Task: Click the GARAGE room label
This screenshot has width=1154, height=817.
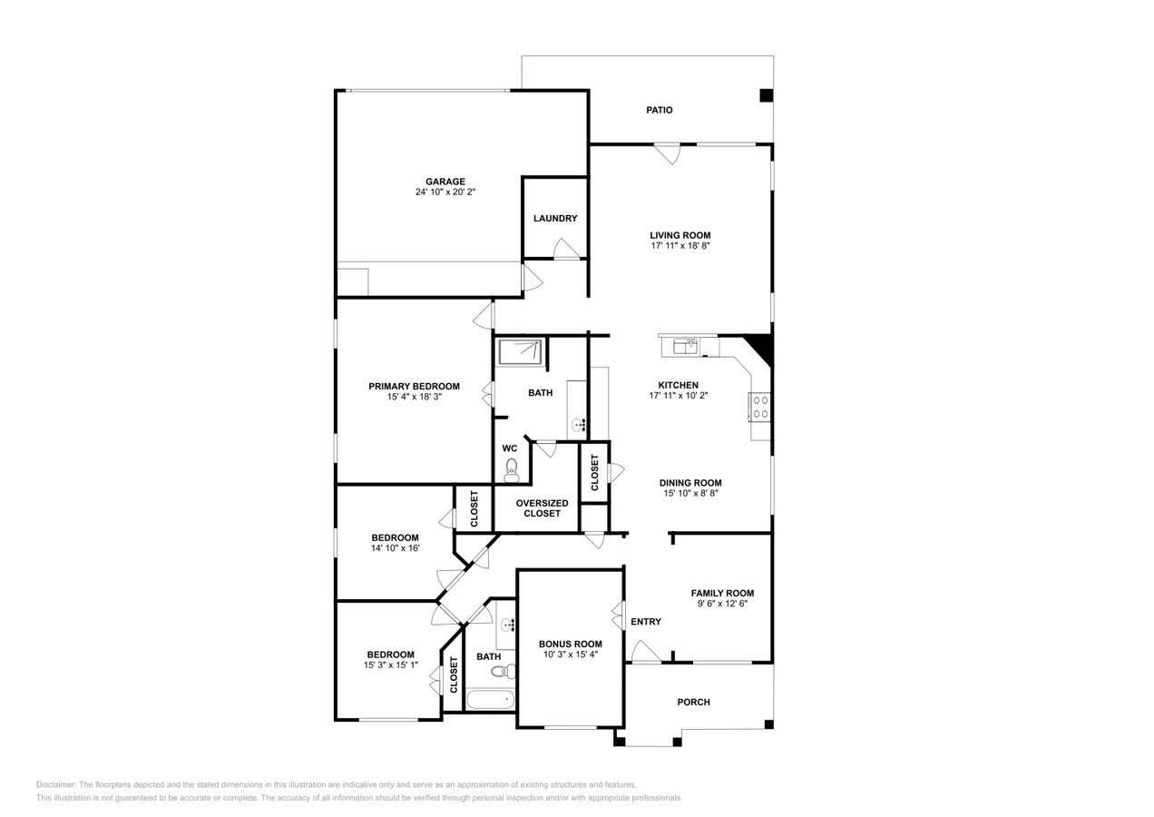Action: [x=445, y=182]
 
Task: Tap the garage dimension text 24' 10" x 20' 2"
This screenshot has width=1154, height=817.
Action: [x=445, y=192]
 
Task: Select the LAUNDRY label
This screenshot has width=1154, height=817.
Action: [x=555, y=219]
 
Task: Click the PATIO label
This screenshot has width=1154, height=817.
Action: [x=660, y=110]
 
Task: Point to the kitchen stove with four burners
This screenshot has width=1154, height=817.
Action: [x=760, y=407]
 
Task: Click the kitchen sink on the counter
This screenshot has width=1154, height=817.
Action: [x=686, y=345]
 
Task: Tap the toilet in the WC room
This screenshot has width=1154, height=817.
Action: [x=512, y=468]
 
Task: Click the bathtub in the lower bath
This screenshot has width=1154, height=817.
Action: [x=490, y=700]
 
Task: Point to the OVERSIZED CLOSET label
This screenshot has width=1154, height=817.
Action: [x=542, y=508]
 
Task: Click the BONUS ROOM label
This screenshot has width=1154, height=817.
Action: [x=570, y=644]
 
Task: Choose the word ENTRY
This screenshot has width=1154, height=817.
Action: [x=646, y=622]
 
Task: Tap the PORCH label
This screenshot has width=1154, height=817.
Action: [x=694, y=702]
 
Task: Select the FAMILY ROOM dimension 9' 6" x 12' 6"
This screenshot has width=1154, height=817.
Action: [x=722, y=604]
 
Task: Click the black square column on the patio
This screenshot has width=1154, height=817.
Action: [x=766, y=95]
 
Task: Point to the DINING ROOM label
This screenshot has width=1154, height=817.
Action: [x=690, y=483]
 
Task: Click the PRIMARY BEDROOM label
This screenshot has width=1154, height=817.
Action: [x=414, y=386]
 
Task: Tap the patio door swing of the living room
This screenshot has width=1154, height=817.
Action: [x=668, y=153]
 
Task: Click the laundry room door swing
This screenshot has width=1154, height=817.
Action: [x=566, y=249]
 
